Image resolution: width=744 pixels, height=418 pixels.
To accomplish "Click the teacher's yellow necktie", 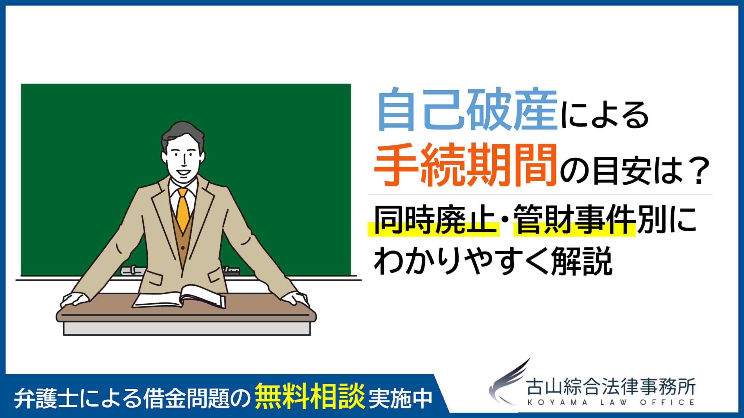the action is coord(183,209).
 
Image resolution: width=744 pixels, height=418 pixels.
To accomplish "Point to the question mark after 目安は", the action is coord(699,171).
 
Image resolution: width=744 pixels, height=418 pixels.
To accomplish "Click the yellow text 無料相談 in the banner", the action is coord(310,397).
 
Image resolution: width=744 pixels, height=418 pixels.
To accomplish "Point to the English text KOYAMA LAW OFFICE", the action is coord(611,403).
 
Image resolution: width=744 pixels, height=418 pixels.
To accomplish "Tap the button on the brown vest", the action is coord(183,248).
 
